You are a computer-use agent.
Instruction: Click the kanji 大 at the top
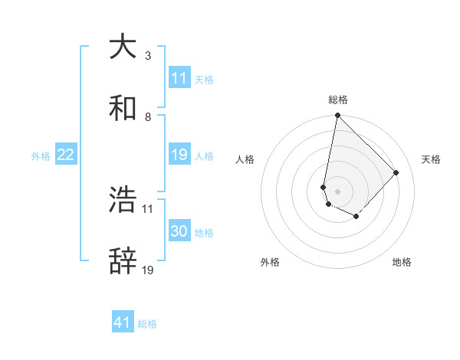point(123,47)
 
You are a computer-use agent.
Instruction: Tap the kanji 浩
point(123,200)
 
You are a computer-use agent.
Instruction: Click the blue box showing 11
point(179,78)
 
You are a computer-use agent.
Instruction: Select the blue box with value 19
point(179,155)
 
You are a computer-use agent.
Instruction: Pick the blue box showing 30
point(179,232)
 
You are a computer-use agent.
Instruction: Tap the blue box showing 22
point(66,155)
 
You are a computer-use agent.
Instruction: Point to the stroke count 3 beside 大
point(147,56)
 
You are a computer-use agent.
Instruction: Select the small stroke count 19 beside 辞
point(148,270)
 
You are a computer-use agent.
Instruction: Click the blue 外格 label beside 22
point(41,156)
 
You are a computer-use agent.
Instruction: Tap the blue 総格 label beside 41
point(147,324)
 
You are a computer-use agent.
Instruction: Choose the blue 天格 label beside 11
point(204,79)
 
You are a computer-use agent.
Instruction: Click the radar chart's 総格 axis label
point(338,100)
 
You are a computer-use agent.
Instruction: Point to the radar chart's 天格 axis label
point(432,159)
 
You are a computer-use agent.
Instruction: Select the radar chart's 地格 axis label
point(402,262)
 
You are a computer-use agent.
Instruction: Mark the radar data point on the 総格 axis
point(337,116)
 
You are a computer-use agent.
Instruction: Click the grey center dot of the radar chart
point(337,191)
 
